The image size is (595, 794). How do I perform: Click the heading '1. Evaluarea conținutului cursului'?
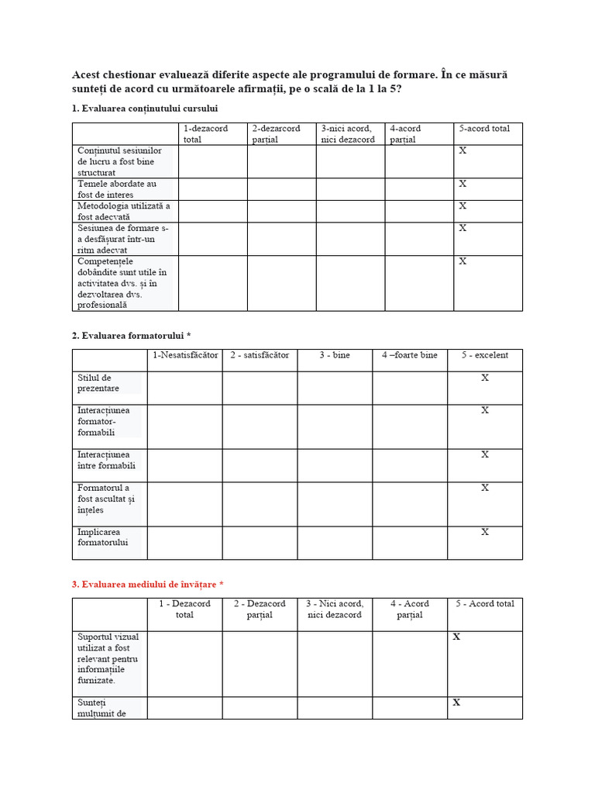click(x=145, y=109)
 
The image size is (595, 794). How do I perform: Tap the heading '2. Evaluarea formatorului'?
click(x=132, y=335)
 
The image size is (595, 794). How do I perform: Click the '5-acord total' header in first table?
click(x=484, y=129)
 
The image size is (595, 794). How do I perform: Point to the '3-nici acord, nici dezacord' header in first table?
click(x=348, y=134)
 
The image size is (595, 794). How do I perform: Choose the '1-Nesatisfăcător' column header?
click(x=185, y=355)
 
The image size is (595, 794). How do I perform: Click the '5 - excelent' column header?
click(x=484, y=355)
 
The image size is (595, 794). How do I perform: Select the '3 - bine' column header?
click(x=335, y=355)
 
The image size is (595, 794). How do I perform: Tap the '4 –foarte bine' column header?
click(x=409, y=355)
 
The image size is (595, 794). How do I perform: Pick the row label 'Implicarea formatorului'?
click(x=102, y=537)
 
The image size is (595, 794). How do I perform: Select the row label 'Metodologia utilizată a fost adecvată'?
click(x=123, y=212)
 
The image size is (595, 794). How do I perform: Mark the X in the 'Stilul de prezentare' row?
click(x=485, y=378)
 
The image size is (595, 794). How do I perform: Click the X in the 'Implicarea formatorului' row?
click(x=485, y=532)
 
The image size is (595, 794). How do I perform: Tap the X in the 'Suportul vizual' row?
click(x=456, y=637)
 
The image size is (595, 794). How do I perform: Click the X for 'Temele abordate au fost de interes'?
click(x=463, y=184)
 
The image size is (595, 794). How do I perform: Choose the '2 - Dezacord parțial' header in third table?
click(x=260, y=609)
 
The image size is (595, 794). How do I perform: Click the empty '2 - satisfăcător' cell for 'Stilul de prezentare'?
click(x=260, y=388)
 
